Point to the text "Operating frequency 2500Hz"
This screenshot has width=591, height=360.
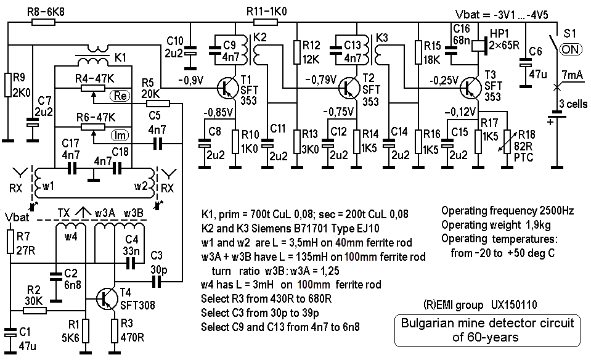coord(508,210)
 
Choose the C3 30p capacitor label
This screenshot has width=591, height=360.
coord(157,261)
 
